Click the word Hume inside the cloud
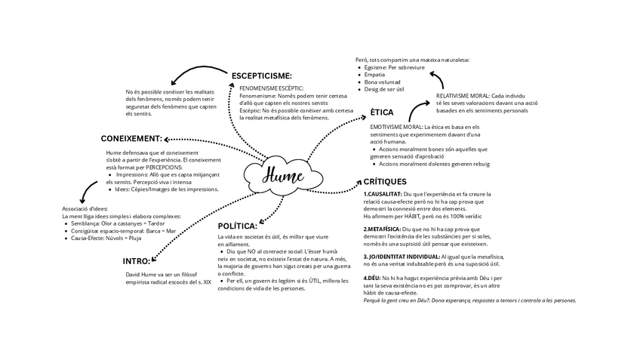[283, 177]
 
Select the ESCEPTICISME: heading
[261, 75]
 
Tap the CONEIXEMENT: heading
[131, 138]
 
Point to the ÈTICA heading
[382, 112]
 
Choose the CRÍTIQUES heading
[385, 181]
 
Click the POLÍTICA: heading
[237, 226]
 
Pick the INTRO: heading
[137, 260]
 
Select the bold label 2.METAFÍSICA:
[382, 229]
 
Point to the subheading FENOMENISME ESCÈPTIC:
[271, 88]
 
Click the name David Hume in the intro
[142, 274]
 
